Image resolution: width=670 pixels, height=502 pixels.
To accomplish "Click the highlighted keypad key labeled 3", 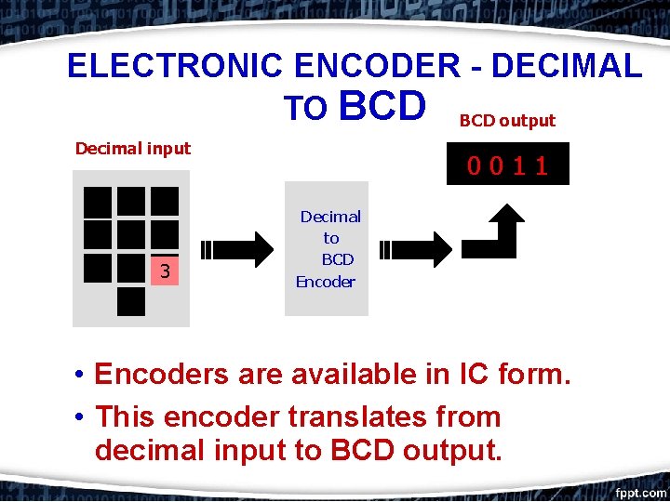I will click(x=164, y=271).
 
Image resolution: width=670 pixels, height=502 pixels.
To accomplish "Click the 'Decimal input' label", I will click(x=132, y=148).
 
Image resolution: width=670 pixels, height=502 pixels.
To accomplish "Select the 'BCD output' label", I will click(x=507, y=121).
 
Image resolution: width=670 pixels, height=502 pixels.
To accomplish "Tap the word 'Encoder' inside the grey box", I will click(x=326, y=282).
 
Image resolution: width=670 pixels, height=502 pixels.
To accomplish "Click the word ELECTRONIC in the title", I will click(x=175, y=66).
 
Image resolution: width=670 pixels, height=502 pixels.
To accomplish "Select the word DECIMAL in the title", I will click(x=566, y=66).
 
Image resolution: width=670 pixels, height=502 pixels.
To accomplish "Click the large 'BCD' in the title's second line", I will click(x=382, y=106).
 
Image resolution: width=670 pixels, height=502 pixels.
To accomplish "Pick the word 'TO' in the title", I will click(x=305, y=110).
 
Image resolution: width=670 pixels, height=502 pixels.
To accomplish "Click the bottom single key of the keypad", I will click(x=131, y=301).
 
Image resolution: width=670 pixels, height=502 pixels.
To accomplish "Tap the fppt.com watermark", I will click(x=640, y=492).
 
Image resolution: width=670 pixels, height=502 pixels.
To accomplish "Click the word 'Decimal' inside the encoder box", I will click(x=330, y=217).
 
